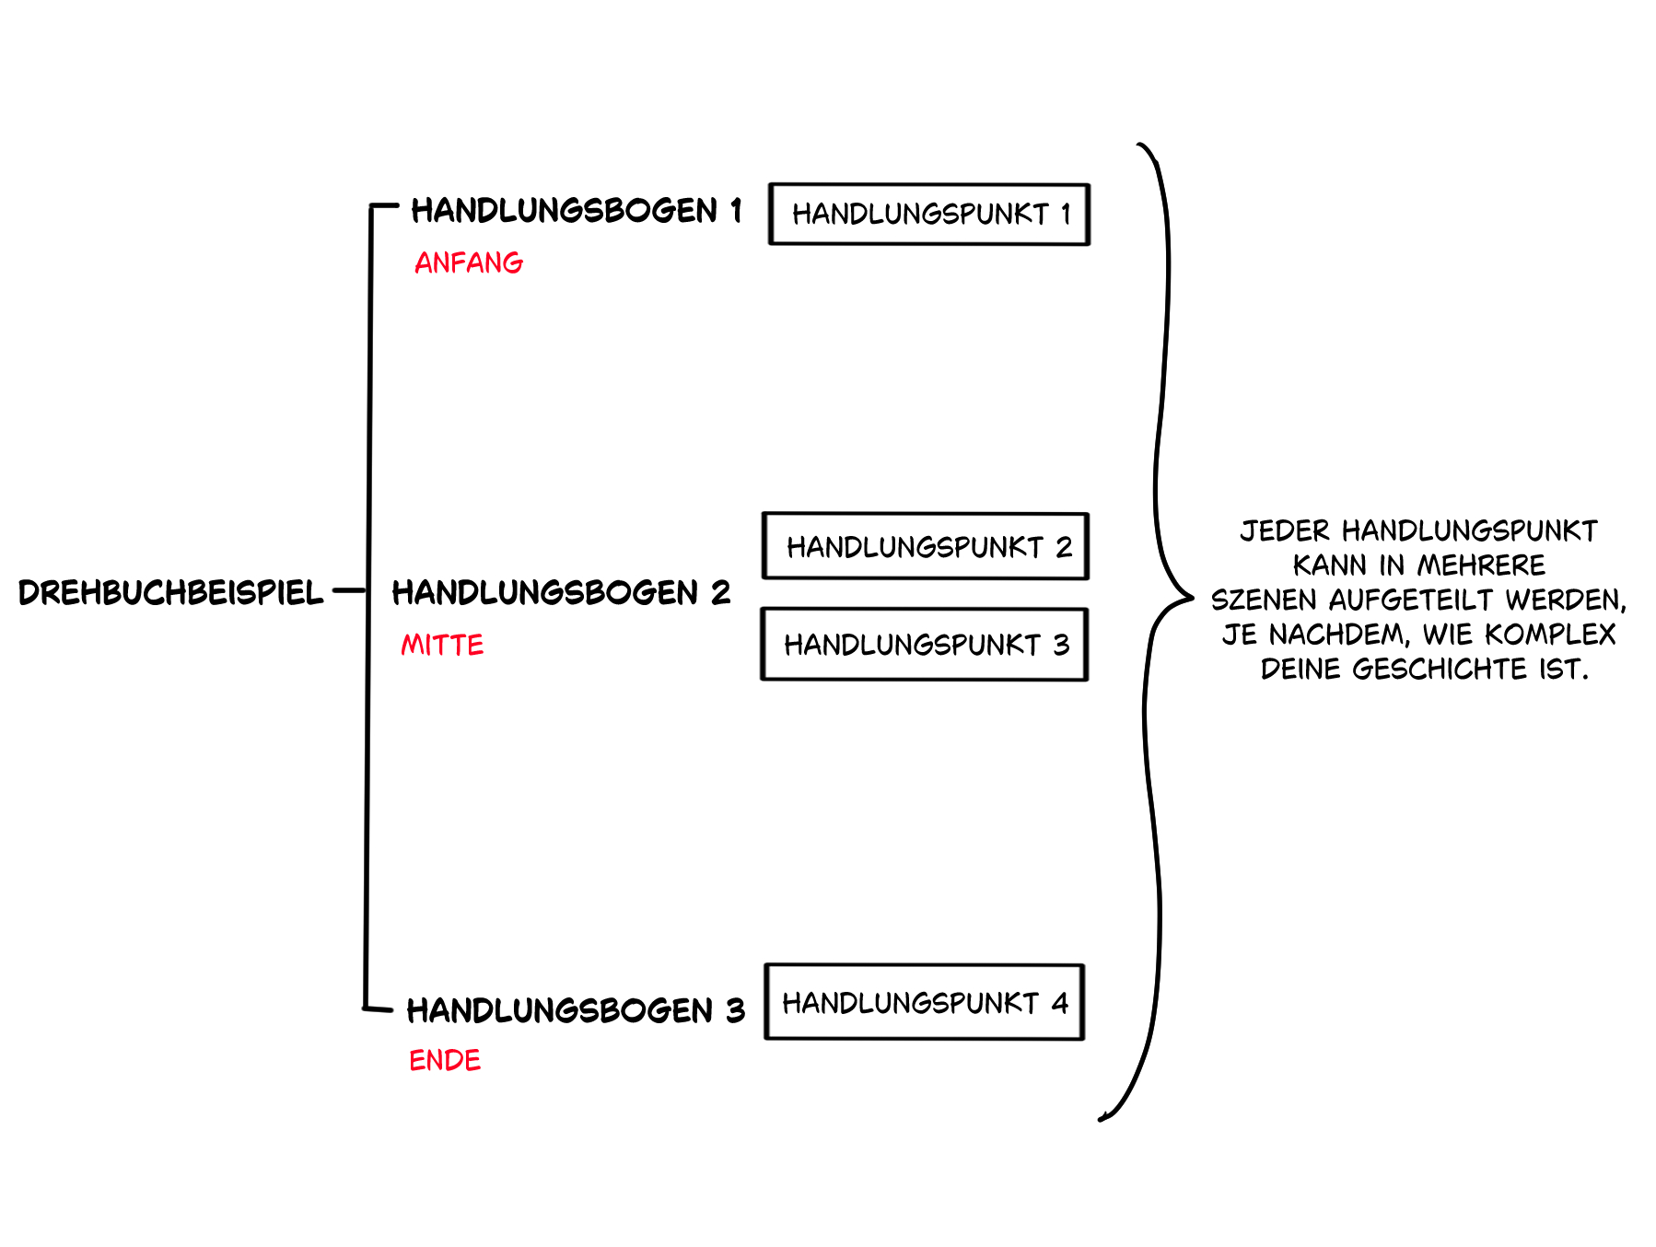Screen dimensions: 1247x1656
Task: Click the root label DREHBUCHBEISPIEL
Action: click(171, 592)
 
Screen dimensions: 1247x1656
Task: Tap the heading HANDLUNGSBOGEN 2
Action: click(561, 592)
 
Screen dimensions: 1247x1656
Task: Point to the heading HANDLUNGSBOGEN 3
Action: click(576, 1010)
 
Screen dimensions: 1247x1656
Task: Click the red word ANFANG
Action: click(469, 263)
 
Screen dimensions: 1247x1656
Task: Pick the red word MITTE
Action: click(442, 645)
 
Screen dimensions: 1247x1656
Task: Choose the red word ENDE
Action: click(445, 1060)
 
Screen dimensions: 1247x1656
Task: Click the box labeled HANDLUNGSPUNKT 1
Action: click(929, 215)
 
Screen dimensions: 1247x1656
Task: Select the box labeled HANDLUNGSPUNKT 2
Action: click(926, 546)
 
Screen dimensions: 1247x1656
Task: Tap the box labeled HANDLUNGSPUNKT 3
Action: click(925, 645)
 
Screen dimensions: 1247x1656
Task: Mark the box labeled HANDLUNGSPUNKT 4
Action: click(925, 1002)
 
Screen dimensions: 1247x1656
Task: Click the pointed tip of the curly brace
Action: click(1191, 598)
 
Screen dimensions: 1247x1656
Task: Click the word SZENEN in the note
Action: click(1264, 600)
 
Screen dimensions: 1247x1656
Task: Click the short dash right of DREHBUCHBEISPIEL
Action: click(349, 590)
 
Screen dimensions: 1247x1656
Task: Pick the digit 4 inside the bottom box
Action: click(1060, 1002)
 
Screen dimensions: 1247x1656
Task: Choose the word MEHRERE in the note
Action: click(1481, 565)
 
